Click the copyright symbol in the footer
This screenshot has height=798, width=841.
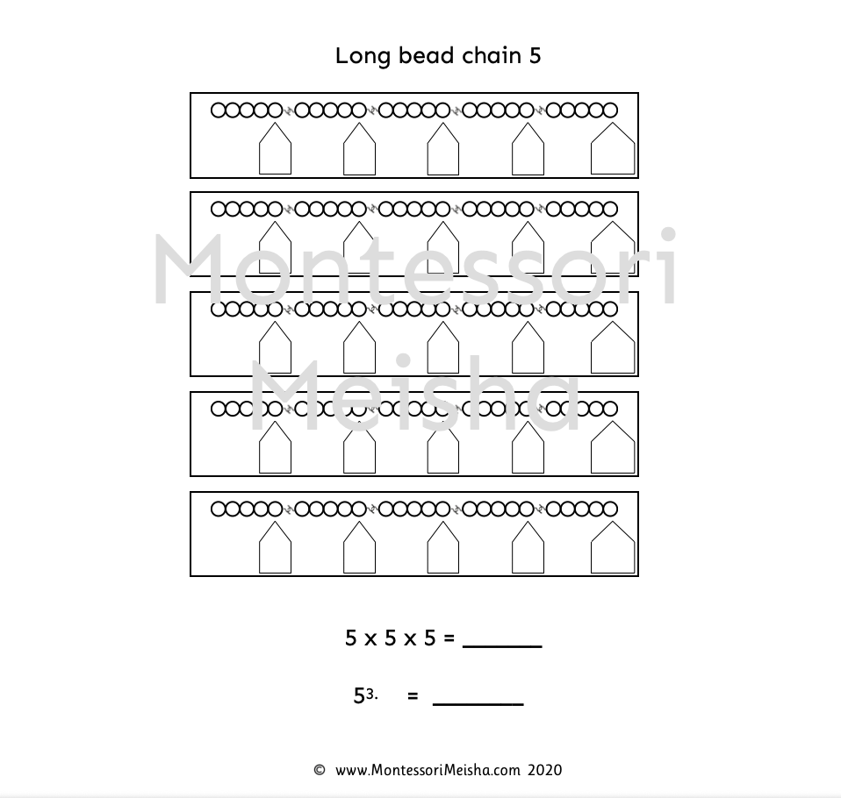tap(320, 771)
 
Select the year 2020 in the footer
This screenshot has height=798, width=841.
tap(545, 771)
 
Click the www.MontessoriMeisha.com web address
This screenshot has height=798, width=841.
tap(428, 771)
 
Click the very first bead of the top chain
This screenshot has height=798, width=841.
tap(219, 110)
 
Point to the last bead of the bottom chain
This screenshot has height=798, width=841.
tap(610, 509)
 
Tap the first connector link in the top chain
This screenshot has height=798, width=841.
tap(289, 110)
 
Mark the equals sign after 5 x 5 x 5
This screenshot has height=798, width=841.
tap(449, 639)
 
